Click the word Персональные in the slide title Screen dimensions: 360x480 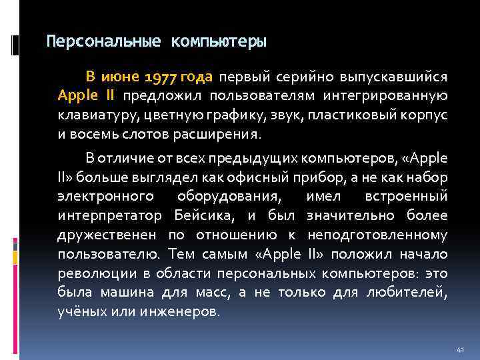(103, 42)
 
